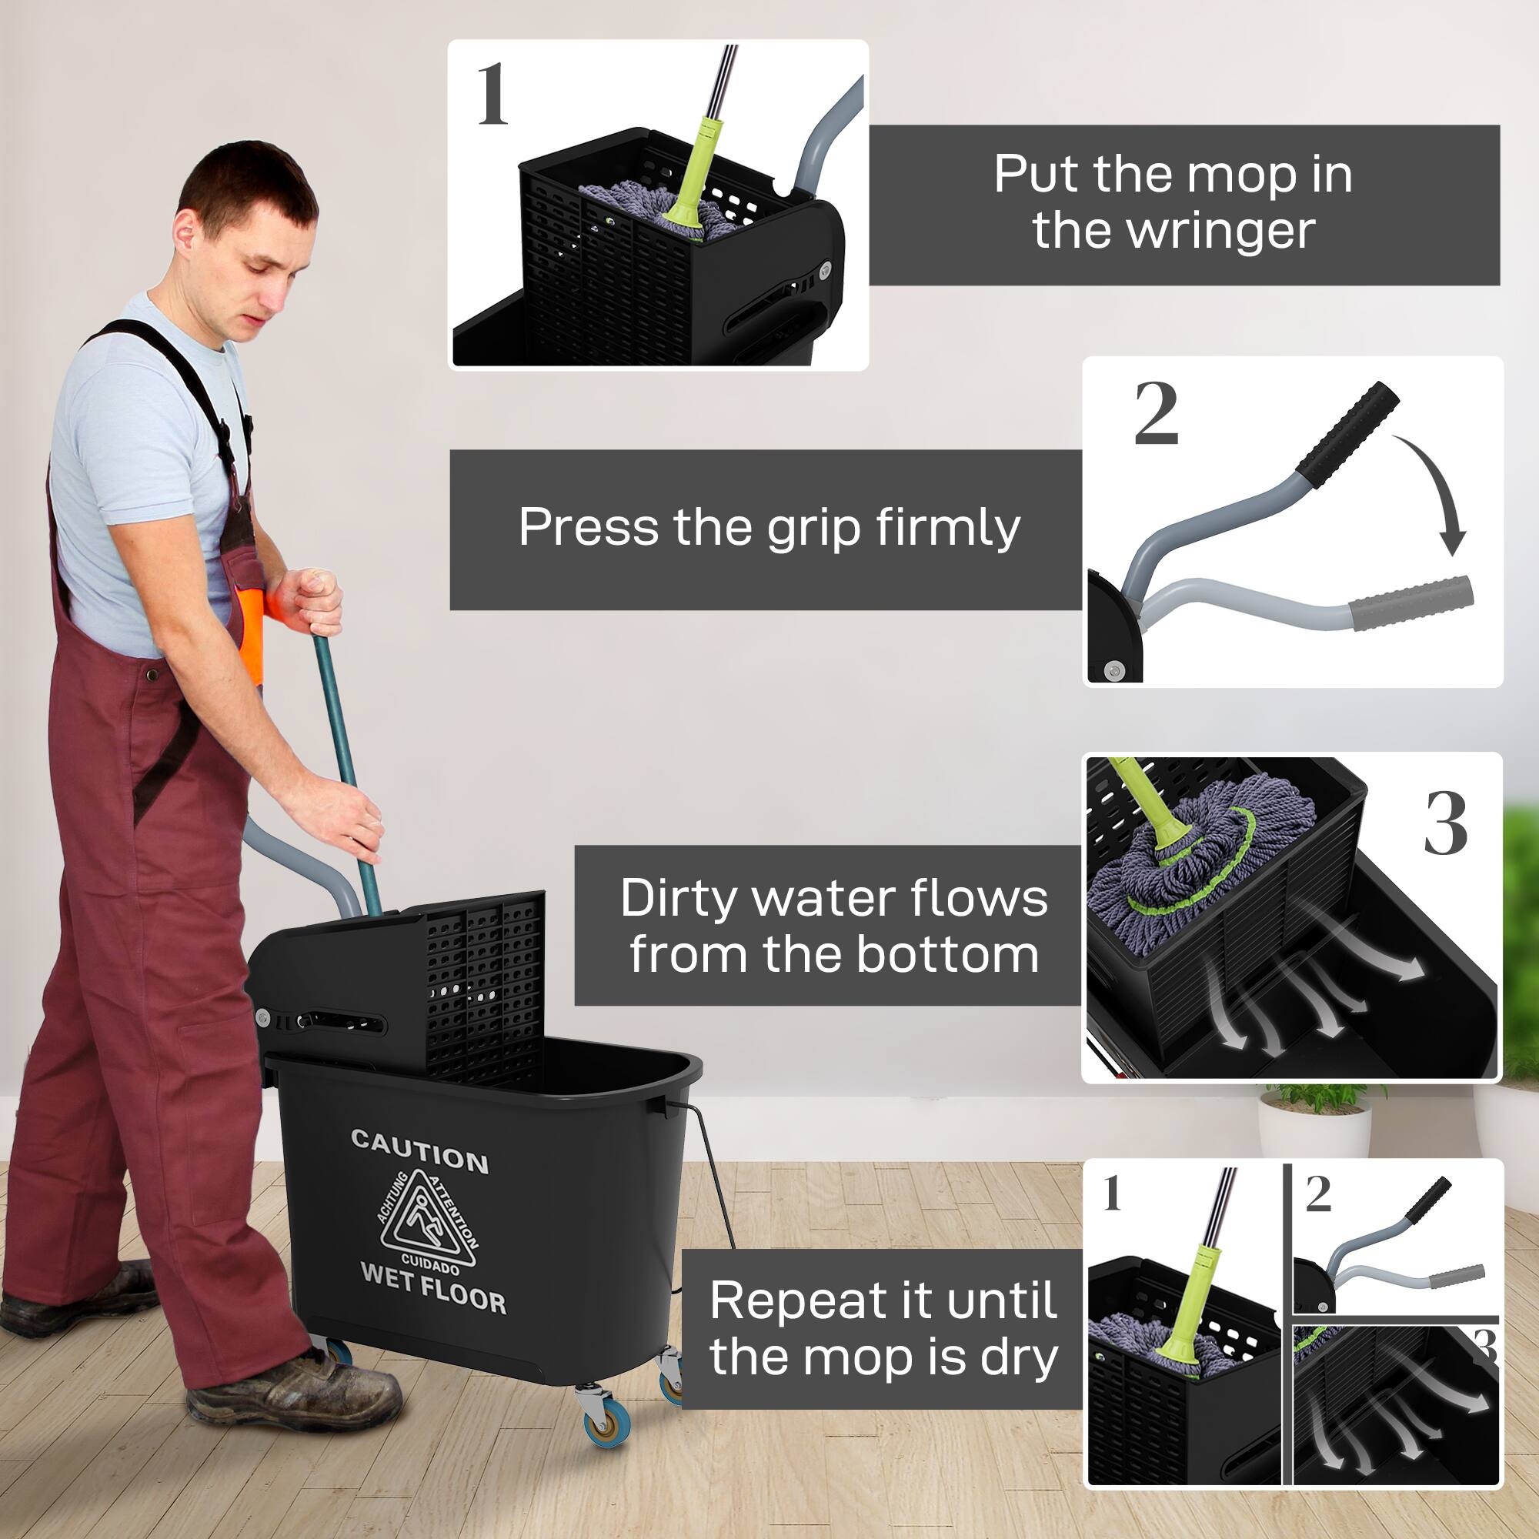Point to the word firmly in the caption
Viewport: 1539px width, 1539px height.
(x=947, y=528)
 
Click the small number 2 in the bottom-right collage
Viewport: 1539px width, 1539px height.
(x=1318, y=1195)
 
